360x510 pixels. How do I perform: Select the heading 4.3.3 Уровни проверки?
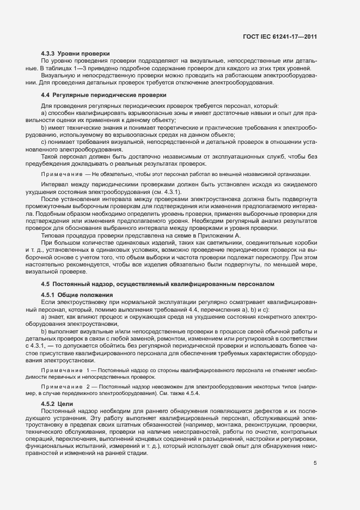coord(76,53)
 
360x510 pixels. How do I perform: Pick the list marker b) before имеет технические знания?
coord(44,126)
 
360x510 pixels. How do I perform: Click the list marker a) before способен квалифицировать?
coord(44,112)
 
